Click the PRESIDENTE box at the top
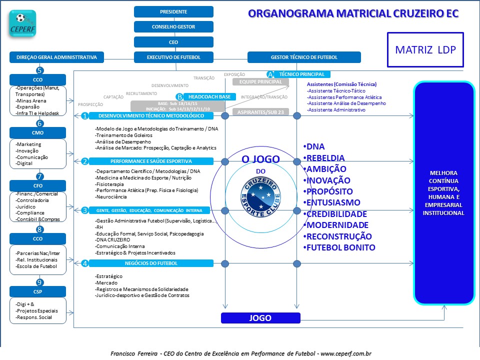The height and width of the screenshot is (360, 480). (x=173, y=11)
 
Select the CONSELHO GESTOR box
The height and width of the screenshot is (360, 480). (x=173, y=27)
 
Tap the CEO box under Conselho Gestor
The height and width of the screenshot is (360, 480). (x=173, y=42)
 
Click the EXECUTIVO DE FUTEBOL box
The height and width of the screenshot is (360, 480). (x=173, y=57)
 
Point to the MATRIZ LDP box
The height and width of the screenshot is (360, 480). (x=425, y=50)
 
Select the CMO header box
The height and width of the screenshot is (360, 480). (x=37, y=132)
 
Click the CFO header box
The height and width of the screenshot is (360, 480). (x=37, y=185)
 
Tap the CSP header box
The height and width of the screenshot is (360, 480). (x=37, y=291)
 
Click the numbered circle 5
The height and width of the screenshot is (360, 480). (x=39, y=70)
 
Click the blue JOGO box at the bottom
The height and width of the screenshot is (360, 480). (x=260, y=318)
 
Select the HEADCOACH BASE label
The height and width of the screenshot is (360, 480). (x=209, y=96)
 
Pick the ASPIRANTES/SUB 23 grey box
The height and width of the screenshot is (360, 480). (x=261, y=112)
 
